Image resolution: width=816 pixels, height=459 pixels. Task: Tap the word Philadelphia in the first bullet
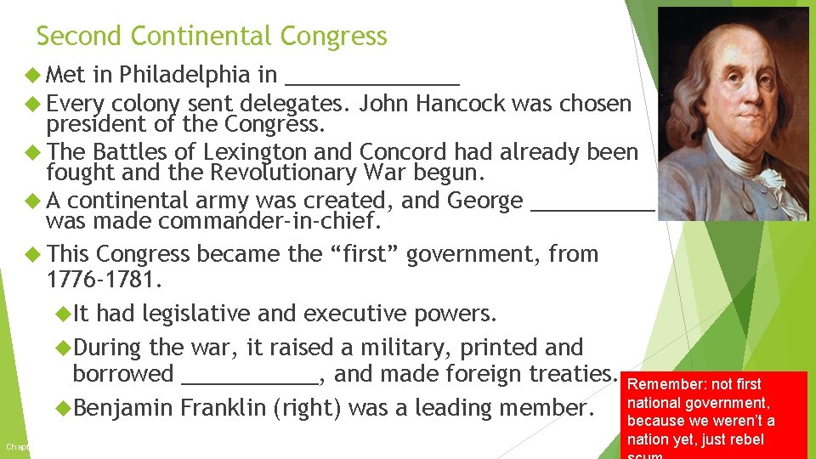tap(184, 75)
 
